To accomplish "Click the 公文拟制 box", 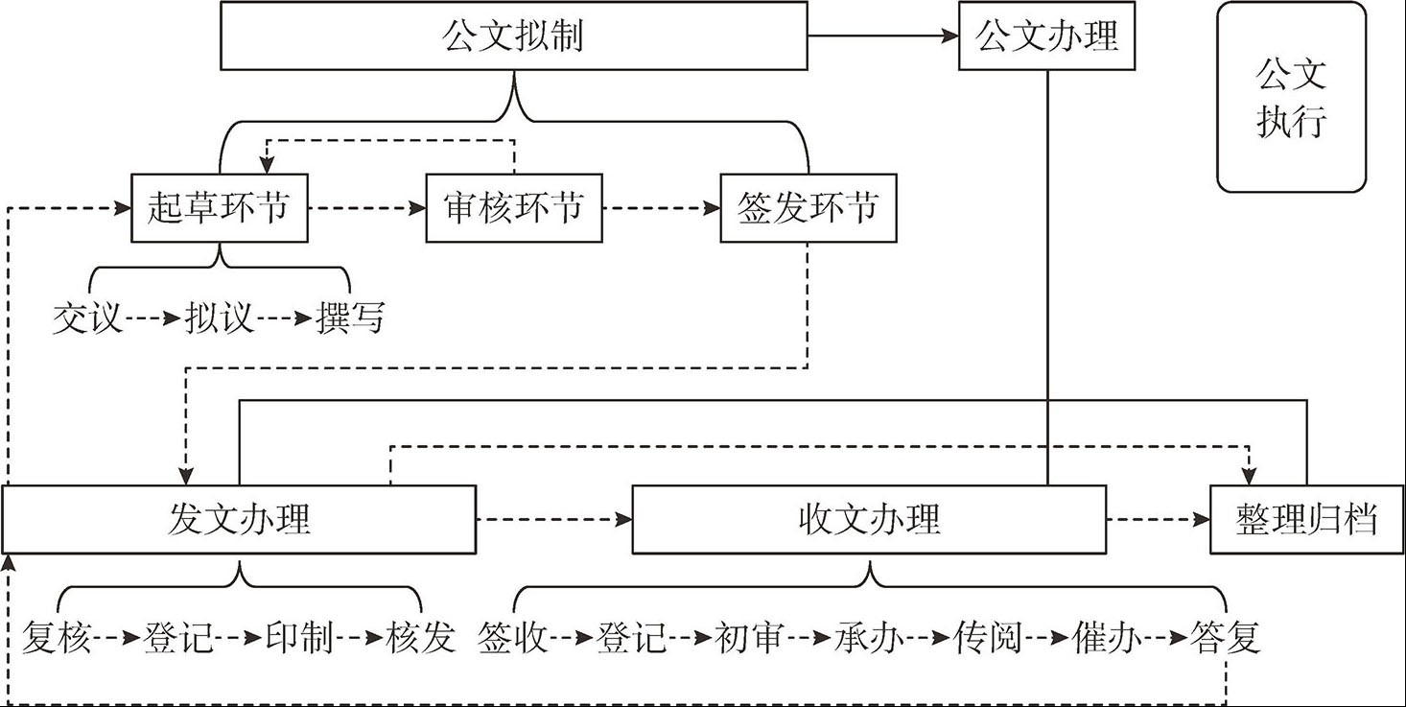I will pyautogui.click(x=513, y=36).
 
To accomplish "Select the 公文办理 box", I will pyautogui.click(x=1046, y=37).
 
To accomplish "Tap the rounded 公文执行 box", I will pyautogui.click(x=1291, y=98).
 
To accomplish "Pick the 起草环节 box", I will pyautogui.click(x=220, y=207).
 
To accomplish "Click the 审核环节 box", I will pyautogui.click(x=514, y=207).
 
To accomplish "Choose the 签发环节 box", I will pyautogui.click(x=808, y=207).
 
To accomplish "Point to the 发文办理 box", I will pyautogui.click(x=239, y=520).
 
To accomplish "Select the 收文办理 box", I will pyautogui.click(x=869, y=520).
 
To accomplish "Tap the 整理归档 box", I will pyautogui.click(x=1307, y=520).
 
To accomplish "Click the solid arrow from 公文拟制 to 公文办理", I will pyautogui.click(x=882, y=36).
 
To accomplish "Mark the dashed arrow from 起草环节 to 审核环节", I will pyautogui.click(x=366, y=207).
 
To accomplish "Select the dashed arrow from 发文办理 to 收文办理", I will pyautogui.click(x=553, y=520).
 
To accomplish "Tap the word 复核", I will pyautogui.click(x=57, y=637).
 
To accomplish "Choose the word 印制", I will pyautogui.click(x=299, y=637).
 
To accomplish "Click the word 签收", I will pyautogui.click(x=513, y=637).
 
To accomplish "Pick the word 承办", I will pyautogui.click(x=869, y=637).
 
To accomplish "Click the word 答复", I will pyautogui.click(x=1225, y=637).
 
